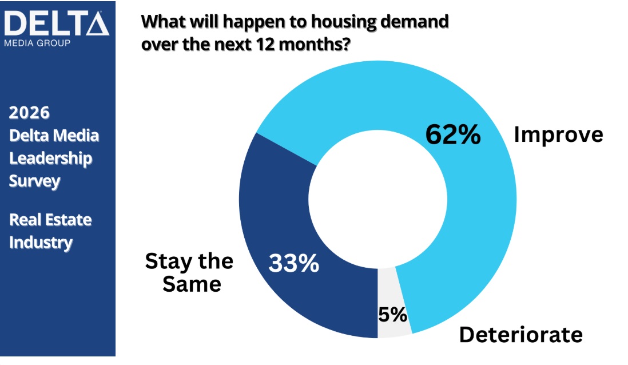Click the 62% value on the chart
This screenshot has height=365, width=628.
coord(453,135)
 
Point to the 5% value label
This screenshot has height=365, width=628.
coord(392,314)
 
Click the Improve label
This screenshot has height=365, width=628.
coord(558,135)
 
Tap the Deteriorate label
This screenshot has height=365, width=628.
coord(520,335)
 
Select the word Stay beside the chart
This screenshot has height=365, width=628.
coord(166,261)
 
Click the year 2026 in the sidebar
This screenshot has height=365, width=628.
coord(29,113)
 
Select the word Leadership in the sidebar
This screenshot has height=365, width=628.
coord(50,158)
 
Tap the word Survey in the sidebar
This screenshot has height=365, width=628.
coord(34,181)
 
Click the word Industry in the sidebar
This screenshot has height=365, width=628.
coord(41,242)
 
